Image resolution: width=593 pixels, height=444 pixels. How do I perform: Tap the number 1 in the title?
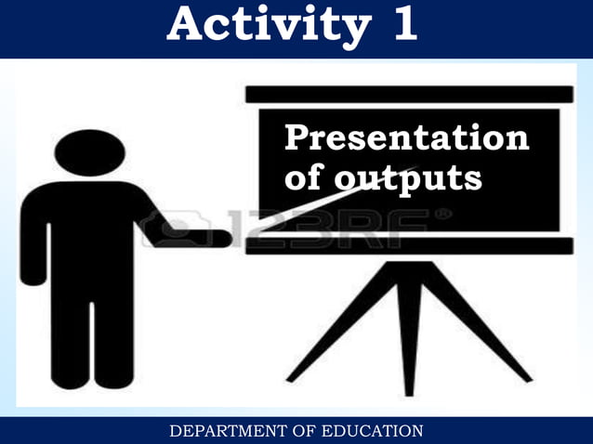click(403, 25)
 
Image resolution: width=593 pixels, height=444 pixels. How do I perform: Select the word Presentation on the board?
click(406, 138)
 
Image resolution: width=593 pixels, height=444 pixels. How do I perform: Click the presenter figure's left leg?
click(71, 334)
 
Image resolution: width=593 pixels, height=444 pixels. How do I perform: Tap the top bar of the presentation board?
click(409, 94)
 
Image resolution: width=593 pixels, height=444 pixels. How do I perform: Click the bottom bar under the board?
click(409, 245)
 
